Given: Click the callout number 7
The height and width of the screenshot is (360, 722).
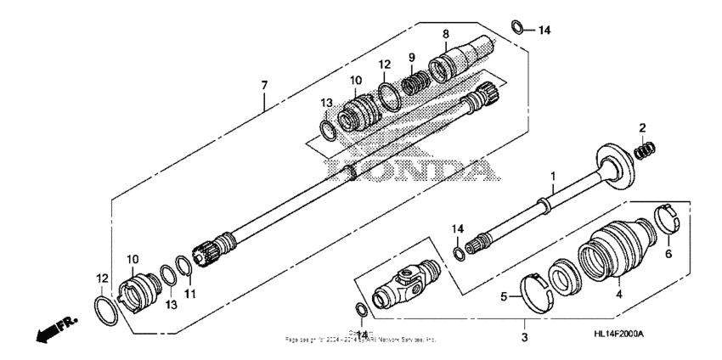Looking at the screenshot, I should tap(264, 85).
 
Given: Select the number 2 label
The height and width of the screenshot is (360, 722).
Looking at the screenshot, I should tap(643, 127).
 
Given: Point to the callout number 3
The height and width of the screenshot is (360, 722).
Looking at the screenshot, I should tap(524, 338).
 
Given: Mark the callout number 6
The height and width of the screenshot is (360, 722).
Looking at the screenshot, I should tap(667, 254).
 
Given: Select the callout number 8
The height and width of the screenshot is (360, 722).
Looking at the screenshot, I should tap(444, 34).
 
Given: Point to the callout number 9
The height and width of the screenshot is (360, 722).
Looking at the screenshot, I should tap(411, 57).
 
